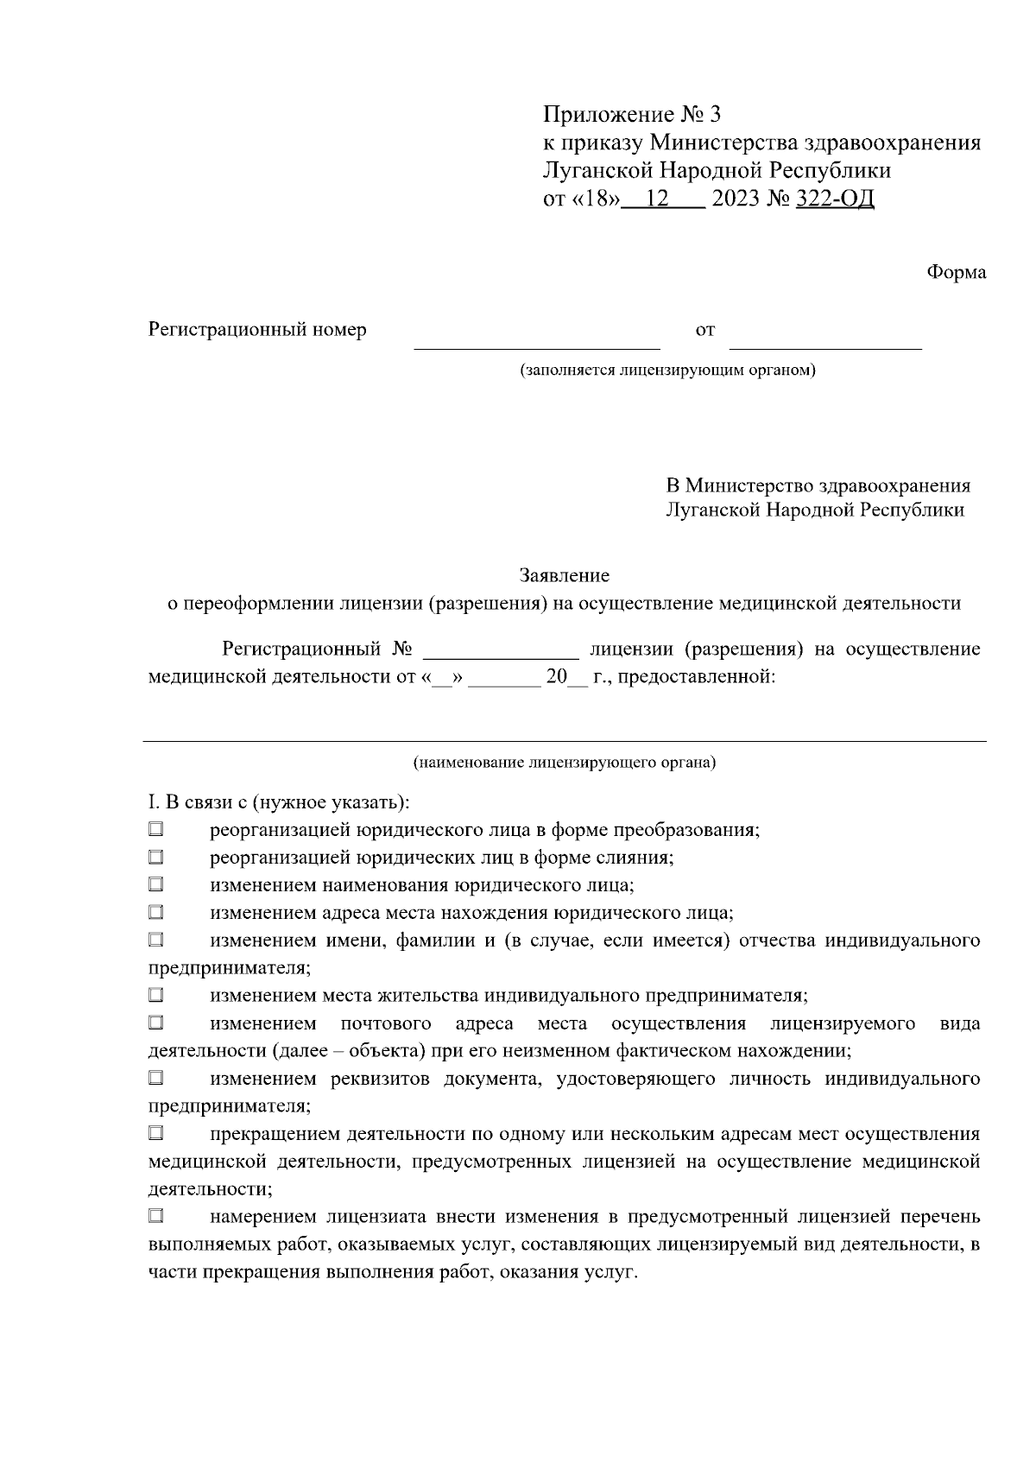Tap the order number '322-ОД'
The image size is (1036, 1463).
tap(836, 199)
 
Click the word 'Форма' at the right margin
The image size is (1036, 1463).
tap(956, 272)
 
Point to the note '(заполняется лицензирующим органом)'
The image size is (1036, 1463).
tap(667, 370)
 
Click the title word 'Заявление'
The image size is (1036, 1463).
tap(565, 575)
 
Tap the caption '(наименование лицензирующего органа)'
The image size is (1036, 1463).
tap(565, 763)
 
